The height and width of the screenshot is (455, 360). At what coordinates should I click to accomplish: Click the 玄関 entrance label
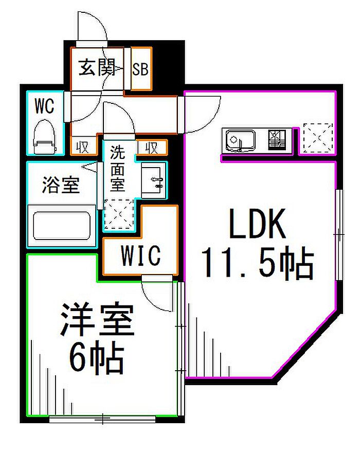click(x=98, y=68)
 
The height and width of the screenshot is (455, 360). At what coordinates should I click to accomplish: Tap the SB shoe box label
click(x=140, y=69)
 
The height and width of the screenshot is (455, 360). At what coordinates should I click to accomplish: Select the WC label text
click(x=44, y=106)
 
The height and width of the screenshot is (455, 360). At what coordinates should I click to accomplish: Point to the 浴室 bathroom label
click(x=61, y=185)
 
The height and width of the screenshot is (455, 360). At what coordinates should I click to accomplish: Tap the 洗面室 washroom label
click(x=118, y=168)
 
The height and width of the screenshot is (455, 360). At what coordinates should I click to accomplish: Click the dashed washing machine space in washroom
click(x=119, y=214)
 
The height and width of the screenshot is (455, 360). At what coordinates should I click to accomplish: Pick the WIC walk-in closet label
click(x=140, y=256)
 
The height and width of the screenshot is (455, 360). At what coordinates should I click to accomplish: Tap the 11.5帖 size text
click(x=258, y=263)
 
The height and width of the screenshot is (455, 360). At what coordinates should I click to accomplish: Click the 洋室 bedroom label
click(x=98, y=320)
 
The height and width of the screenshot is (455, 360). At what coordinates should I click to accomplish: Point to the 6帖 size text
click(x=97, y=357)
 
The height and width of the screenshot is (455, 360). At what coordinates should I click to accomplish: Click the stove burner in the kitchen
click(x=277, y=139)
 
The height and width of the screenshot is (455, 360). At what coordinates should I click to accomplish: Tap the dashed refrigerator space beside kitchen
click(x=318, y=138)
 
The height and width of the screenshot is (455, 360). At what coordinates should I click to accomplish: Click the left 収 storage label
click(x=82, y=148)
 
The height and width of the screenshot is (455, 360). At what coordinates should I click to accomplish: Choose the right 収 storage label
click(x=152, y=148)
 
